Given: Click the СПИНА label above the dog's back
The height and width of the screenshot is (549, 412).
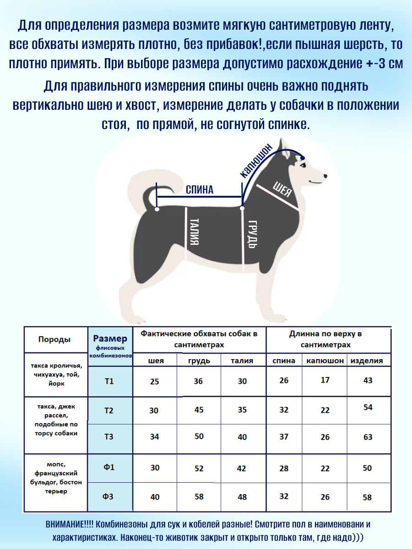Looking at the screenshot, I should pos(199,189).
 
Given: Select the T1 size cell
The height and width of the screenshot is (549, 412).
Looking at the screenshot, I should pos(108,381).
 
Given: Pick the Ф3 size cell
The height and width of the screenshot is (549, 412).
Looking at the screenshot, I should pos(108,497).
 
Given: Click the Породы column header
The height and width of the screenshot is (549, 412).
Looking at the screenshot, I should pos(54,339).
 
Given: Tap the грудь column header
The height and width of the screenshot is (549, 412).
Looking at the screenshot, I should pos(199,361).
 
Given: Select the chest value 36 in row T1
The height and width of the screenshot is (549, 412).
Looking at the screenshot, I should pos(198,381).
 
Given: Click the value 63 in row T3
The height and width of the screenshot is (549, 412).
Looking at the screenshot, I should pos(368,437).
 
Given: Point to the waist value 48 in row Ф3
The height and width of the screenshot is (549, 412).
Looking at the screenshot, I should pos(242,497).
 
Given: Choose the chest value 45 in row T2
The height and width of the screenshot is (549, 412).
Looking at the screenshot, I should pos(199,410).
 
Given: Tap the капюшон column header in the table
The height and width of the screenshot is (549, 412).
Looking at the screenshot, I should pos(325,361).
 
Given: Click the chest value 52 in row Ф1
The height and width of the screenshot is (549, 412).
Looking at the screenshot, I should pos(199,468).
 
